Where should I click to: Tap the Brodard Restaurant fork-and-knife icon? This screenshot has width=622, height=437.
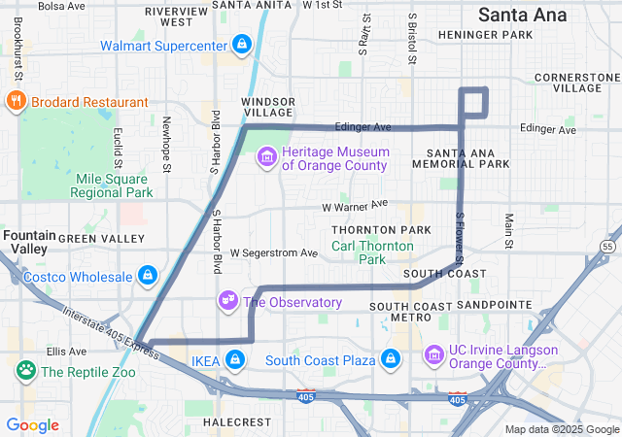click(x=17, y=100)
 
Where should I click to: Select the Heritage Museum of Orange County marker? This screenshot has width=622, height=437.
click(x=267, y=157)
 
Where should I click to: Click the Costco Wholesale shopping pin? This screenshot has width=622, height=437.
click(x=147, y=277)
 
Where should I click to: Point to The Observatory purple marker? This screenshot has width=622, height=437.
click(x=228, y=301)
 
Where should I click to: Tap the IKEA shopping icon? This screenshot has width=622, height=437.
click(x=234, y=360)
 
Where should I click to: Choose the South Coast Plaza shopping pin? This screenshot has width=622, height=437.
click(x=391, y=360)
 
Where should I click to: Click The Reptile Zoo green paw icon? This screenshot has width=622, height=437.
click(x=25, y=370)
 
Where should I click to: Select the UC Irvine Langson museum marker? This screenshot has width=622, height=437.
click(x=434, y=356)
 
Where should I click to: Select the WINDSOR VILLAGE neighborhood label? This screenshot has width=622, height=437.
click(x=267, y=107)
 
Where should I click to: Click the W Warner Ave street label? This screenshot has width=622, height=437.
click(x=355, y=206)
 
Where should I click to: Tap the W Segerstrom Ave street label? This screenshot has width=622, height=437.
click(x=274, y=252)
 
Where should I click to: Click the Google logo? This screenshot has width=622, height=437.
click(x=32, y=425)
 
